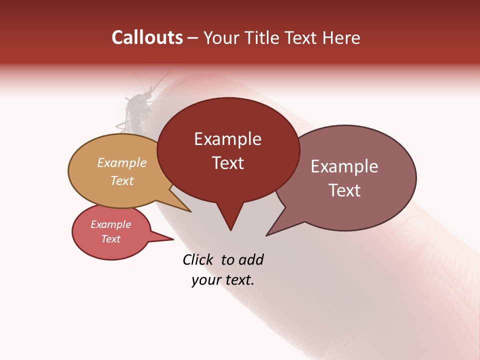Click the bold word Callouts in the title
(147, 37)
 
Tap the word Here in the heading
(340, 38)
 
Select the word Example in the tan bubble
(122, 162)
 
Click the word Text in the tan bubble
(122, 180)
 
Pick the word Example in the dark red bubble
(227, 139)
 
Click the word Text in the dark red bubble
(227, 163)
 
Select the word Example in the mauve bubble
(344, 166)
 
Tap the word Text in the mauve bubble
(344, 190)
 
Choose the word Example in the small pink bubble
(111, 224)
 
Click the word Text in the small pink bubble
(111, 239)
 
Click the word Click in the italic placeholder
(199, 259)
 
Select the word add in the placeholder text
(250, 259)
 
